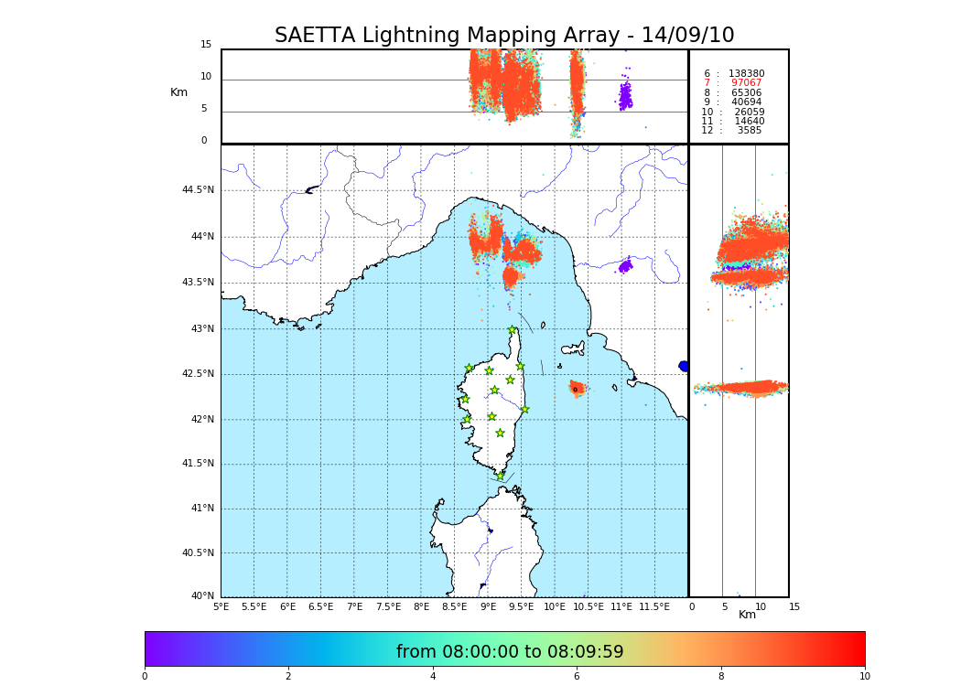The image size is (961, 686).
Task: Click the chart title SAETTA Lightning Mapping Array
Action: [504, 36]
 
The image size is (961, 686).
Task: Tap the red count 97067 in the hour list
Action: [746, 83]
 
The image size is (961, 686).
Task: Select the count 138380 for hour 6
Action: [746, 73]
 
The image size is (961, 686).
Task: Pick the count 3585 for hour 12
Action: [750, 131]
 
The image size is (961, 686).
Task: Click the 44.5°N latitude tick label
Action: [198, 190]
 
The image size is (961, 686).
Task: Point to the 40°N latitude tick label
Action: [202, 596]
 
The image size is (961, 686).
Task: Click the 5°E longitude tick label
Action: [221, 606]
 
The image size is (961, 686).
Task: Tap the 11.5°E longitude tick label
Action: [654, 606]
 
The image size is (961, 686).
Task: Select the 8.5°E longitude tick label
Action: [454, 606]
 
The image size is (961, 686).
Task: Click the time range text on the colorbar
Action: [510, 652]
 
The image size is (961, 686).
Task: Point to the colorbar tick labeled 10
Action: [864, 677]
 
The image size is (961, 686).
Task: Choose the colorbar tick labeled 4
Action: [433, 677]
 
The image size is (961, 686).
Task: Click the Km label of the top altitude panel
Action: [178, 92]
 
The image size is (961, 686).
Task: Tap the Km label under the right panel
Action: [747, 615]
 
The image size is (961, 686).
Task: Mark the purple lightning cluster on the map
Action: [625, 266]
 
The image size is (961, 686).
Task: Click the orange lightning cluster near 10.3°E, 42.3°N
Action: [577, 388]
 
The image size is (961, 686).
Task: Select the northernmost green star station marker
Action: [513, 330]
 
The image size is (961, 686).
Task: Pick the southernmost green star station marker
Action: [500, 476]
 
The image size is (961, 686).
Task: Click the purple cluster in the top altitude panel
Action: [625, 96]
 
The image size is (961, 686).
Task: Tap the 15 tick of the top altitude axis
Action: [206, 45]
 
